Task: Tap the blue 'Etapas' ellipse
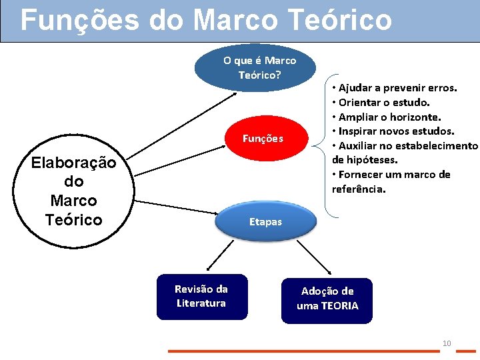tap(265, 221)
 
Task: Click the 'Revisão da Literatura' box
tap(201, 297)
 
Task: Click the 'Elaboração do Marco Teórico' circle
tap(73, 191)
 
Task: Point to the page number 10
tap(447, 343)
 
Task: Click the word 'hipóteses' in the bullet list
tap(364, 160)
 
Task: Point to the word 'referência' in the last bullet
tap(358, 189)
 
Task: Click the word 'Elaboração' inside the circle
tap(73, 163)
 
